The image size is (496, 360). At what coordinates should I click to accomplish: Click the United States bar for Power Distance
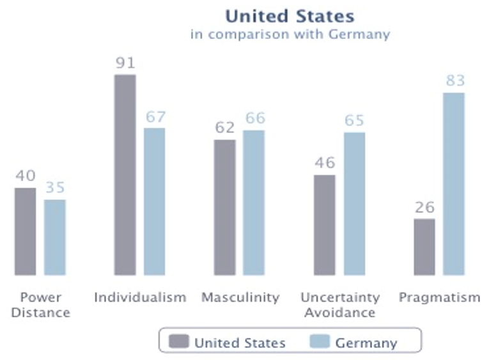click(25, 231)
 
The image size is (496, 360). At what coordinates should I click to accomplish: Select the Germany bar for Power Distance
click(55, 237)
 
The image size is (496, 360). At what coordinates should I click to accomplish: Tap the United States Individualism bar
click(125, 175)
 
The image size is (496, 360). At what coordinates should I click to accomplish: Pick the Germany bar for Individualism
click(155, 201)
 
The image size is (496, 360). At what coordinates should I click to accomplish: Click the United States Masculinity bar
click(225, 207)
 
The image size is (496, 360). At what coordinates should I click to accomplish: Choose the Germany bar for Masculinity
click(254, 203)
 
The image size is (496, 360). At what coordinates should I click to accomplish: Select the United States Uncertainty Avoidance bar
click(325, 224)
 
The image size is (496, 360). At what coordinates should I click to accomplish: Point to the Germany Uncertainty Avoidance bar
click(354, 203)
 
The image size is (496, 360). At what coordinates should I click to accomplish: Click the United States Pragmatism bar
click(424, 247)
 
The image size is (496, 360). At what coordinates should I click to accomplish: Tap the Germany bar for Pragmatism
click(454, 184)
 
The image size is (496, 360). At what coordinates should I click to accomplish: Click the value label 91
click(125, 63)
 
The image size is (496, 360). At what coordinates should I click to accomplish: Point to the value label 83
click(454, 81)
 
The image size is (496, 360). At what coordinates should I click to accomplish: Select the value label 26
click(424, 207)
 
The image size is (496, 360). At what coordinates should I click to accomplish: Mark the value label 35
click(55, 188)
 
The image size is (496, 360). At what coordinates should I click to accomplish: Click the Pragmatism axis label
click(439, 297)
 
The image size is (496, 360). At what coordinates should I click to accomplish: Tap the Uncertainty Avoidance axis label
click(339, 305)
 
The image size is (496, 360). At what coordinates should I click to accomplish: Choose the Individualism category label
click(140, 297)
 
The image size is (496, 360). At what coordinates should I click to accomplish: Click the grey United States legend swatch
click(179, 342)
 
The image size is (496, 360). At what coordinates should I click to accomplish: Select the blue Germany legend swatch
click(320, 342)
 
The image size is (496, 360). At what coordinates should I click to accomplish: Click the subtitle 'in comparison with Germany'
click(290, 35)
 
